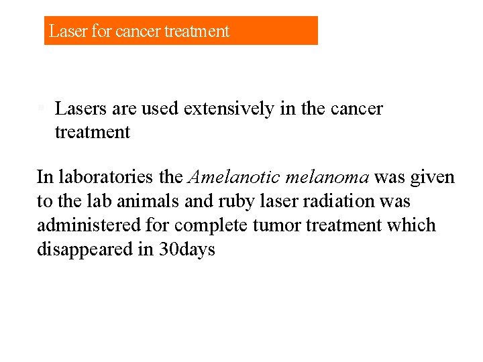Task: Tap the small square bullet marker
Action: point(41,107)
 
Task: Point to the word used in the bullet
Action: point(160,109)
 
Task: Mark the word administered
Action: point(89,226)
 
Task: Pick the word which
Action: point(411,226)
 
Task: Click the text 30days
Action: point(187,250)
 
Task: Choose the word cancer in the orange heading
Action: point(137,32)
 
